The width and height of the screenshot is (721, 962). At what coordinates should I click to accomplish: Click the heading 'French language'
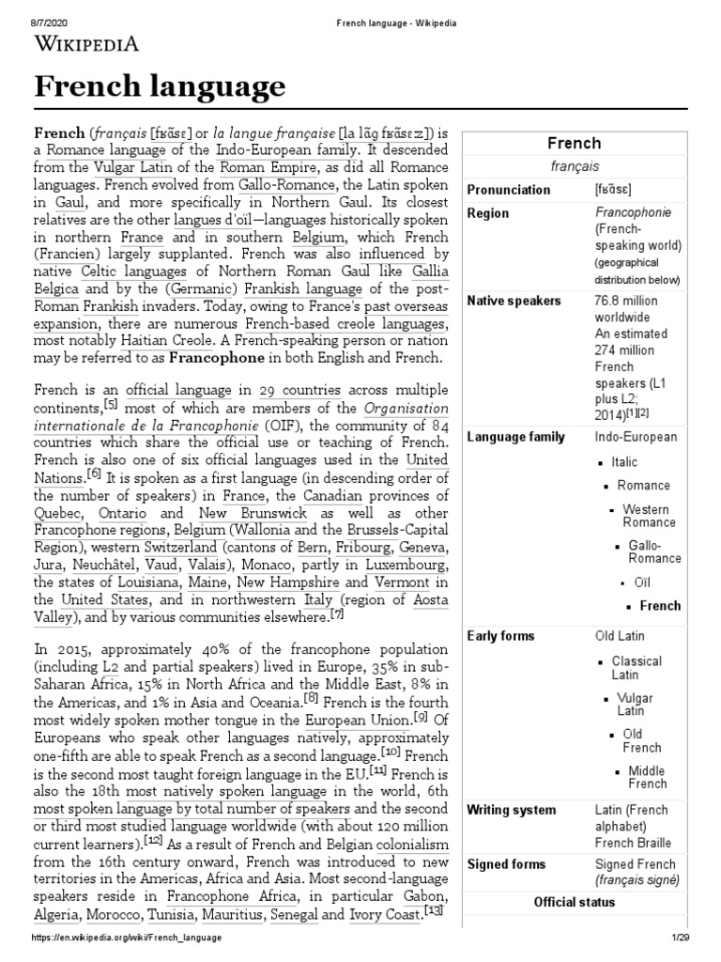point(160,87)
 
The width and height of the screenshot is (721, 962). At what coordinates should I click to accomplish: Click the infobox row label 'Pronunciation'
point(509,190)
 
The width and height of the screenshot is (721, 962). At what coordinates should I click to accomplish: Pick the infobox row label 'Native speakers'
point(514,301)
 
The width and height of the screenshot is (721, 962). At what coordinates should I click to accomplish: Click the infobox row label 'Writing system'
point(511,810)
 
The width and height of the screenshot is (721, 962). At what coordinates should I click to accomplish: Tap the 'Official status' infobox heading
point(574,902)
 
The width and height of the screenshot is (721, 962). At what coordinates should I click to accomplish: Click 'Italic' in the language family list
point(624,461)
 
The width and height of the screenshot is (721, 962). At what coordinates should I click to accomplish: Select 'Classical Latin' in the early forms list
point(637,668)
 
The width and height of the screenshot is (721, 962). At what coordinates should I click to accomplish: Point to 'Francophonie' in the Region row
point(626,213)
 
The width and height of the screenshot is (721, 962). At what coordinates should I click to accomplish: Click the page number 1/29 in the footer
point(681,939)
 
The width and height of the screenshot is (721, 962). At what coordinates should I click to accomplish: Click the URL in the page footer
point(127,939)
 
